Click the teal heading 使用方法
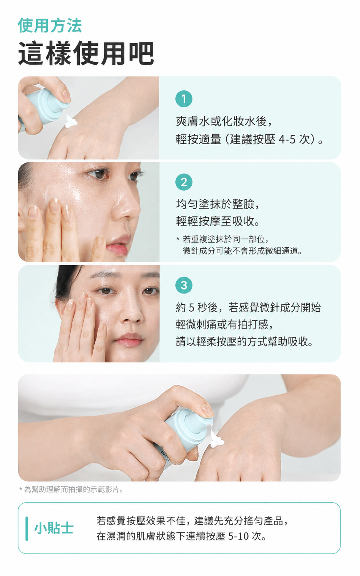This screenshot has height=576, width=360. coord(50,25)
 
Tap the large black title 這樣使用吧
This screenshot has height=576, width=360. coord(86,53)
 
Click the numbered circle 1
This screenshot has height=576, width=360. coord(184,99)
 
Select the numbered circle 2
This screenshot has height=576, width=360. coord(184,182)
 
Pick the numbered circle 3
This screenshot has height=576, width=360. coord(184,285)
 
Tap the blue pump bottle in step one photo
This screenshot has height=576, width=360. coord(44,108)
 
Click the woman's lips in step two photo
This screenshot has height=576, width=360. coord(118,245)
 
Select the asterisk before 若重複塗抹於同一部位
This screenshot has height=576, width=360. coord(178,239)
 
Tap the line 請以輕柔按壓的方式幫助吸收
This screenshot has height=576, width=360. coord(244,342)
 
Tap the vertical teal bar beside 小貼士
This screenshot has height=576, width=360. coord(27,529)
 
